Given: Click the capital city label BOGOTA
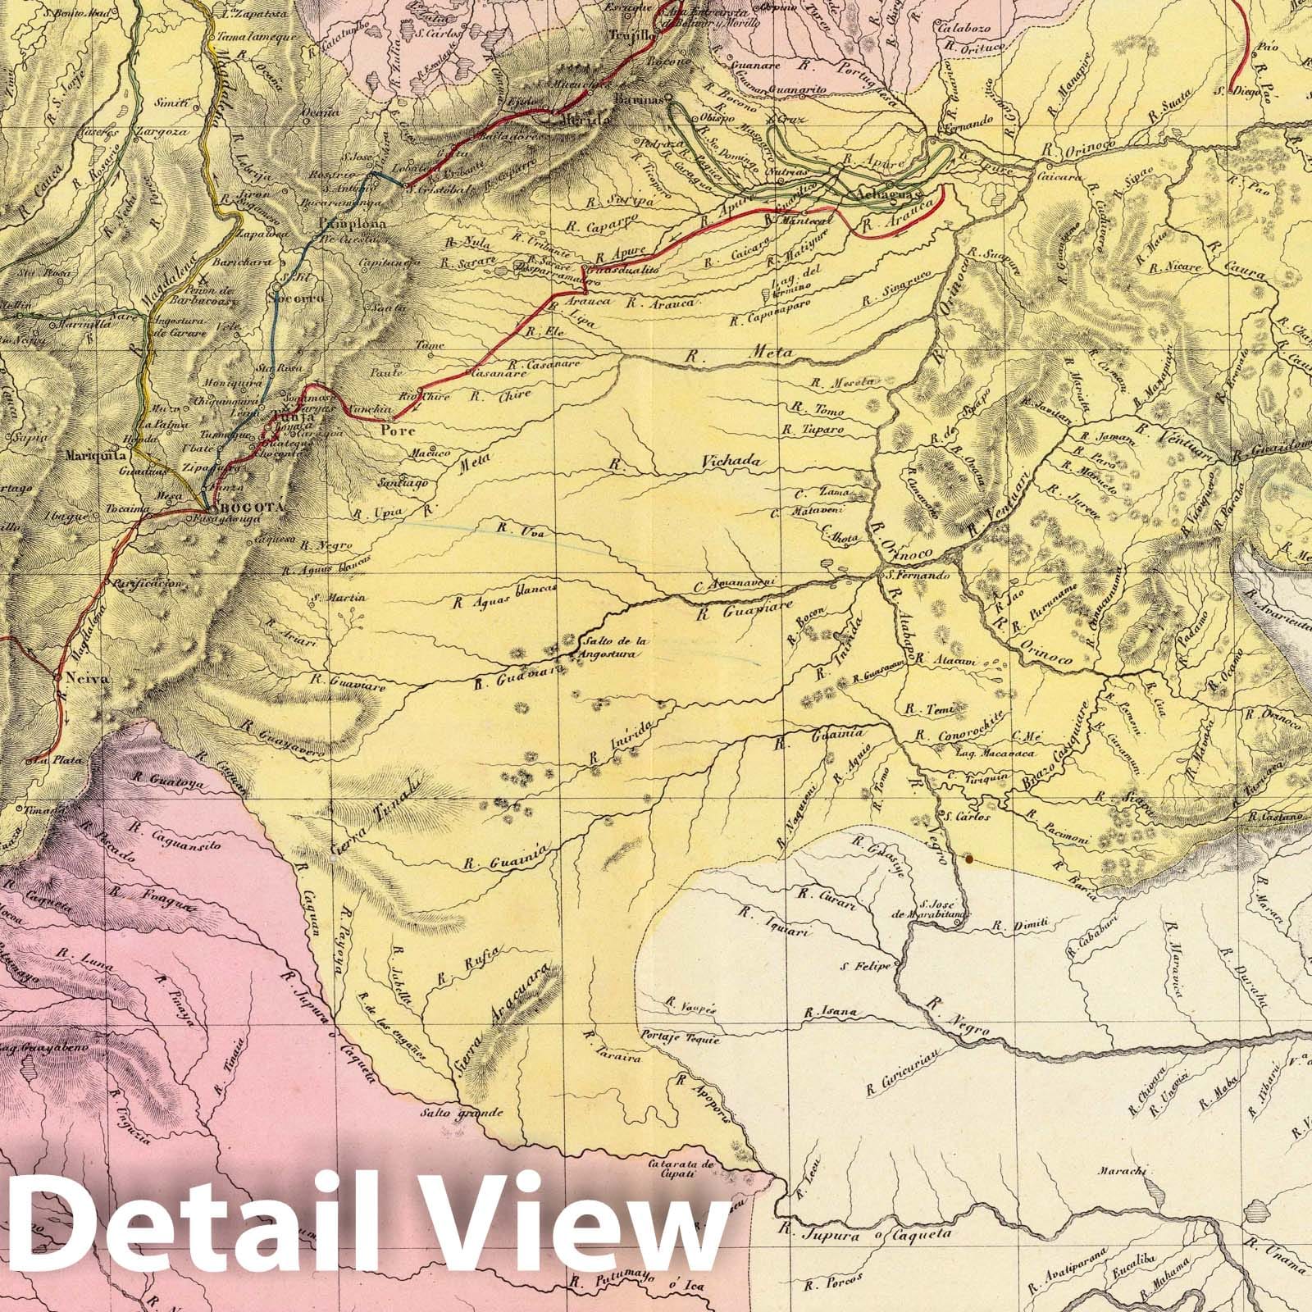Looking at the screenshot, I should point(247,508).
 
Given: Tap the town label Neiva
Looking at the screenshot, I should point(76,679).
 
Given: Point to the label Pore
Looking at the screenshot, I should point(399,430).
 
